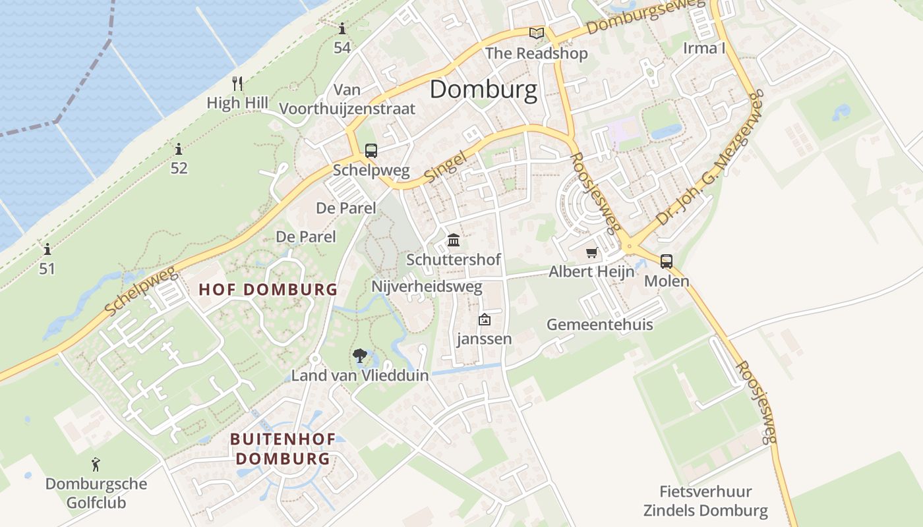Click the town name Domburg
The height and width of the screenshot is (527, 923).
pyautogui.click(x=483, y=90)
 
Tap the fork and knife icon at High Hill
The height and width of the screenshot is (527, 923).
pyautogui.click(x=238, y=84)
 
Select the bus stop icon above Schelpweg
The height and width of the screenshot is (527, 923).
pyautogui.click(x=371, y=150)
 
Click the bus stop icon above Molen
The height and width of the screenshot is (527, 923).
pyautogui.click(x=667, y=261)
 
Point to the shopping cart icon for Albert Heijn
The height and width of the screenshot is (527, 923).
pyautogui.click(x=592, y=253)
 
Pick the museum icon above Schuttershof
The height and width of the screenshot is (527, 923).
pyautogui.click(x=454, y=240)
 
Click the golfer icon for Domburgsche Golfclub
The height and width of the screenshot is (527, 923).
pyautogui.click(x=96, y=464)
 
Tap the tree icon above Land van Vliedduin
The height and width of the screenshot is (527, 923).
pyautogui.click(x=359, y=356)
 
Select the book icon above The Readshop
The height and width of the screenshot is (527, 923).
pyautogui.click(x=537, y=33)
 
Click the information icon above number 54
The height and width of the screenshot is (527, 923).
pyautogui.click(x=342, y=29)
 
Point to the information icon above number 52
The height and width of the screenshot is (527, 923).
pyautogui.click(x=178, y=149)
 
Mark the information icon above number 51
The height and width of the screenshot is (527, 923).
pyautogui.click(x=47, y=250)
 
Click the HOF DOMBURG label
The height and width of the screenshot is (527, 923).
pyautogui.click(x=268, y=289)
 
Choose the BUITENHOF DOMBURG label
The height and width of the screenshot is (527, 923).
pyautogui.click(x=283, y=449)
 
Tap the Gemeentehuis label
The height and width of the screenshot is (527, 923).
pyautogui.click(x=599, y=324)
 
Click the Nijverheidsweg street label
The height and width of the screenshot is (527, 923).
pyautogui.click(x=427, y=287)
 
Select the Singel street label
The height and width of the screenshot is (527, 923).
pyautogui.click(x=446, y=167)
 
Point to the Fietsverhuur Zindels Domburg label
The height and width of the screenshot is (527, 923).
pyautogui.click(x=705, y=501)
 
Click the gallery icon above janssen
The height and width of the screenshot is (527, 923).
pyautogui.click(x=485, y=320)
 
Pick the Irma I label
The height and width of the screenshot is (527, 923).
pyautogui.click(x=704, y=48)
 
